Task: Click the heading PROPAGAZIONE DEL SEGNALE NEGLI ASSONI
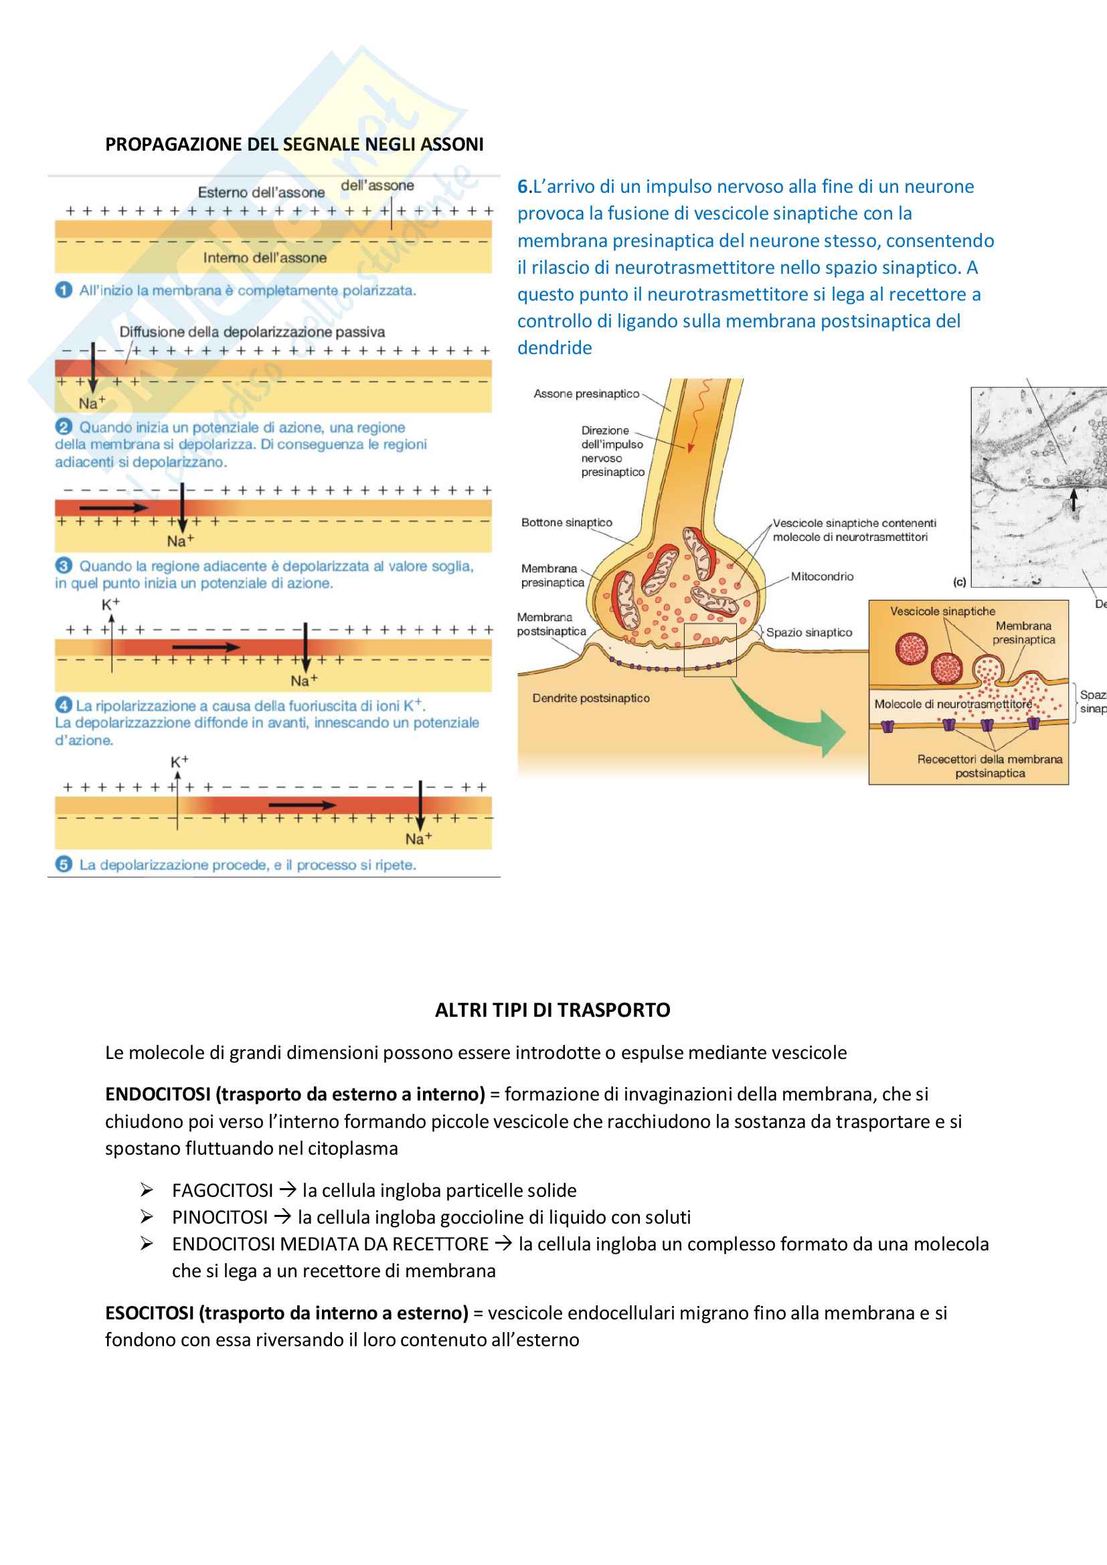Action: [x=294, y=145]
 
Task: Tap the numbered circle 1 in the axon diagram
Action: [x=64, y=291]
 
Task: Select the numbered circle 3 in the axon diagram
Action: [x=64, y=566]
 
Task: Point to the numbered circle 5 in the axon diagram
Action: [x=64, y=865]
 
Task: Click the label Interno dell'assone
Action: [x=264, y=258]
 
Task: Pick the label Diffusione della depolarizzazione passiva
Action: [x=252, y=332]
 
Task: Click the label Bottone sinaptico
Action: [x=566, y=523]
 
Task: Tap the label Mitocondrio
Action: [x=821, y=576]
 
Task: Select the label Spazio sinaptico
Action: [x=808, y=633]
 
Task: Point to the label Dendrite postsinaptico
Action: [x=590, y=698]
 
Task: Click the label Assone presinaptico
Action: [x=586, y=394]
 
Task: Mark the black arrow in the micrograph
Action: [x=1074, y=499]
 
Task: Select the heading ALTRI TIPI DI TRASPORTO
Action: [x=552, y=1010]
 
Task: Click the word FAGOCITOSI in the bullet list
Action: [x=222, y=1191]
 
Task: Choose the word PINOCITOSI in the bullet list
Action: [x=220, y=1218]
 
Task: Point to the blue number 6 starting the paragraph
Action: [x=522, y=187]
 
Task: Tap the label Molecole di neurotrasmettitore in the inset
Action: [x=953, y=704]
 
